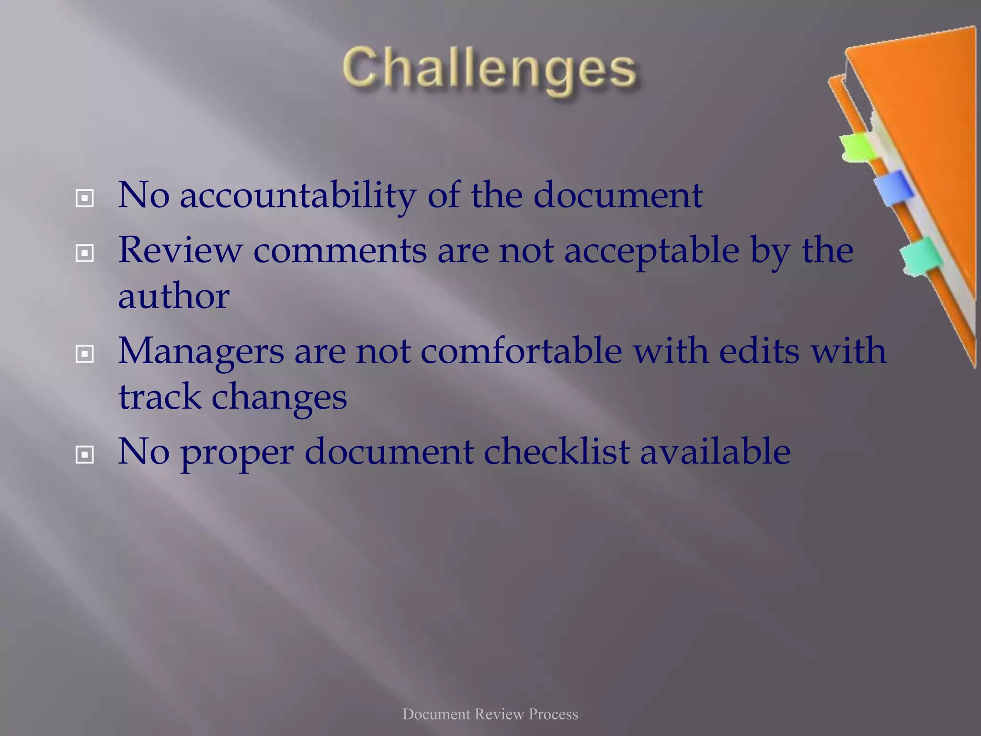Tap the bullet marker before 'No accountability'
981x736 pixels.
[85, 198]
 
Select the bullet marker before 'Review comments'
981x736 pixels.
[85, 253]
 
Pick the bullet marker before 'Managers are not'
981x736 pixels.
[85, 354]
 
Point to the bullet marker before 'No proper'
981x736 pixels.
[85, 455]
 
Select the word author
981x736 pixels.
[173, 296]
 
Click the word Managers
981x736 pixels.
[201, 352]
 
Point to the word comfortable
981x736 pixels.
[521, 351]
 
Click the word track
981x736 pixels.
[160, 397]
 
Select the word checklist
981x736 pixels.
[556, 451]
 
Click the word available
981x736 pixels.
[715, 451]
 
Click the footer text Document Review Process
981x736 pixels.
[490, 714]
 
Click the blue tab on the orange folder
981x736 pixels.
[892, 188]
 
